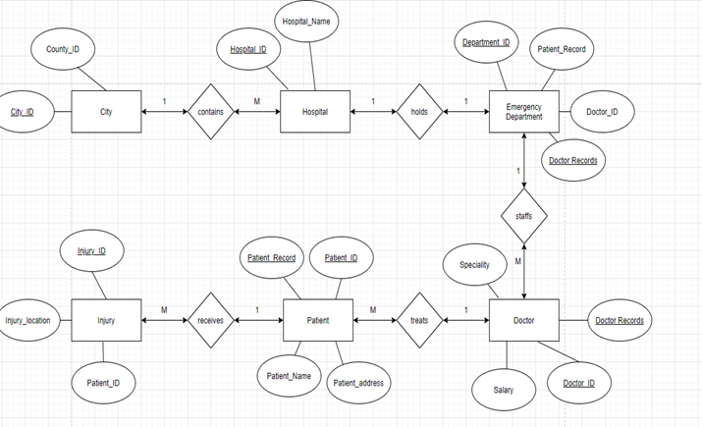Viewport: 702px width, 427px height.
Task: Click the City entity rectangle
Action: click(106, 112)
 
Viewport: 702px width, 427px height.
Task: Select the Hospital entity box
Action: click(315, 112)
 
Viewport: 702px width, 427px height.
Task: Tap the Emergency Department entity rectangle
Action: click(523, 112)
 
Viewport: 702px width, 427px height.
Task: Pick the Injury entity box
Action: click(106, 320)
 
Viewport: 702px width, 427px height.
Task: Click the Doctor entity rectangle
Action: click(523, 320)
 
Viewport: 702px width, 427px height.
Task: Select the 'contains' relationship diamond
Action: click(210, 112)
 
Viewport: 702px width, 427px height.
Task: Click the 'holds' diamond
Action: click(419, 112)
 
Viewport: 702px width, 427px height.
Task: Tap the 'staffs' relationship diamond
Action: click(523, 216)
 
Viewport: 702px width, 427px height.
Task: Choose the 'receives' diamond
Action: click(210, 320)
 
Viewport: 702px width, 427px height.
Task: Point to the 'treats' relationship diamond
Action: click(419, 320)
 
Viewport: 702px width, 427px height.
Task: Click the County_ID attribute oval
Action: click(63, 49)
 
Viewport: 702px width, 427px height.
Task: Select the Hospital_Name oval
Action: click(306, 22)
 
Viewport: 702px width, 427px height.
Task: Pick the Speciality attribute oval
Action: click(474, 265)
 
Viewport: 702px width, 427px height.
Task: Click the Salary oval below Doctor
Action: click(502, 390)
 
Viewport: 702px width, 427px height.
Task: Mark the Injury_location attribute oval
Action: click(28, 320)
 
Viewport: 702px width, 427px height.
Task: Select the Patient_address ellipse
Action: click(358, 383)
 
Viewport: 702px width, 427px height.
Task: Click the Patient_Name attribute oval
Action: click(290, 375)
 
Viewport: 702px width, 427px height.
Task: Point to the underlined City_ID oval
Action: click(23, 112)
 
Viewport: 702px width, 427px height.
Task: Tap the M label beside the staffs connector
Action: click(517, 261)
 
